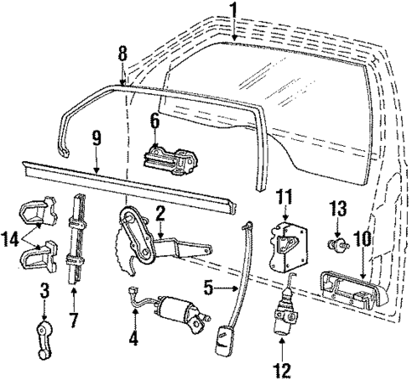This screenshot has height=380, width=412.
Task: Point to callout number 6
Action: (x=155, y=121)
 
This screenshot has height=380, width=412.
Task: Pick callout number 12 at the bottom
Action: (x=282, y=369)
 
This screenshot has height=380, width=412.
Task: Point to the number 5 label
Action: (x=206, y=288)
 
